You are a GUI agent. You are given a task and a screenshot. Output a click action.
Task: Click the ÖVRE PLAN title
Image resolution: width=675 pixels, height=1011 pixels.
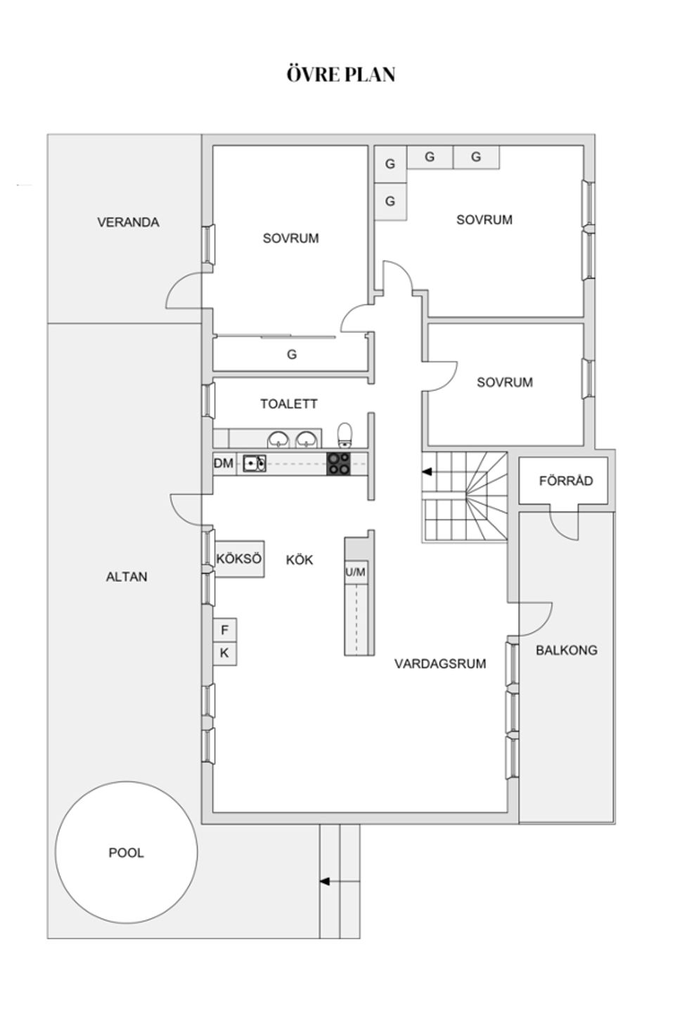(341, 74)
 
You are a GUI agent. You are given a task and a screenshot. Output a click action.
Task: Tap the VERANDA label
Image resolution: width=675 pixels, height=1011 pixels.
(128, 222)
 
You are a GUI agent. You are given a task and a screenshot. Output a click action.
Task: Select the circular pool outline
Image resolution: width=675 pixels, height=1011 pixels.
(127, 852)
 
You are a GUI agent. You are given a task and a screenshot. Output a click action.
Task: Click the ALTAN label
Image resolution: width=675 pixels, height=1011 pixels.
(127, 577)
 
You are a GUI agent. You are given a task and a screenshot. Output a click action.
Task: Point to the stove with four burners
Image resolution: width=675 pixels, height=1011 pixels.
(338, 464)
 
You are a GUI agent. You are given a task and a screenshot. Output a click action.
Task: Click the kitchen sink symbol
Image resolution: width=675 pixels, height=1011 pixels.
(254, 464)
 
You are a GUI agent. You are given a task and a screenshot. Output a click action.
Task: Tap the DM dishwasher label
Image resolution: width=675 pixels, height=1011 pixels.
(224, 464)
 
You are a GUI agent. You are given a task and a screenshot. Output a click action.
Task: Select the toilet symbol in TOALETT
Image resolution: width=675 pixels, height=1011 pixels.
(345, 435)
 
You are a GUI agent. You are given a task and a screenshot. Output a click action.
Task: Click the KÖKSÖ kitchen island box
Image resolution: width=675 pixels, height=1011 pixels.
(239, 559)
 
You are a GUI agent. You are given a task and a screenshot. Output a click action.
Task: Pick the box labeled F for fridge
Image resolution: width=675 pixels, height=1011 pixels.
(225, 630)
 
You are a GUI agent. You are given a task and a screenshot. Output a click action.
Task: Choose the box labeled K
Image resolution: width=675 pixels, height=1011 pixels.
(225, 653)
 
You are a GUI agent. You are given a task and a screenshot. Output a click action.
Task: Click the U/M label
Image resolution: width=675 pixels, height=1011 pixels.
(356, 573)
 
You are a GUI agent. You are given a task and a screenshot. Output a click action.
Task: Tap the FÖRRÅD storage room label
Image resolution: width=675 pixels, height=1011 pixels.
(566, 481)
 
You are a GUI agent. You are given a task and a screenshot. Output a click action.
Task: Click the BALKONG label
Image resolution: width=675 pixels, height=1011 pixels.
(567, 650)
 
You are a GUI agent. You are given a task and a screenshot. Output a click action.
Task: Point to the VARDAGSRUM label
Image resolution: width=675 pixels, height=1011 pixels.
(440, 663)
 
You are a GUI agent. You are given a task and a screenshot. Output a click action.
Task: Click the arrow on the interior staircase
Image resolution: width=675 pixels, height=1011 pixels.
(427, 472)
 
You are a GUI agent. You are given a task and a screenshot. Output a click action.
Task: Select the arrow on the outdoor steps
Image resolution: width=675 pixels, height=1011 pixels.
(325, 881)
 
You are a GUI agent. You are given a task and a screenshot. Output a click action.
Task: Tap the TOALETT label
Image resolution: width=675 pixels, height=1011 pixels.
(289, 404)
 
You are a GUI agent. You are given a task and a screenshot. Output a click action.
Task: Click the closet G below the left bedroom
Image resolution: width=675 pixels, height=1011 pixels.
(292, 355)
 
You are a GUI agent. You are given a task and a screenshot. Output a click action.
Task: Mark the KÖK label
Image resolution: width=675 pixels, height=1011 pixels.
(300, 560)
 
